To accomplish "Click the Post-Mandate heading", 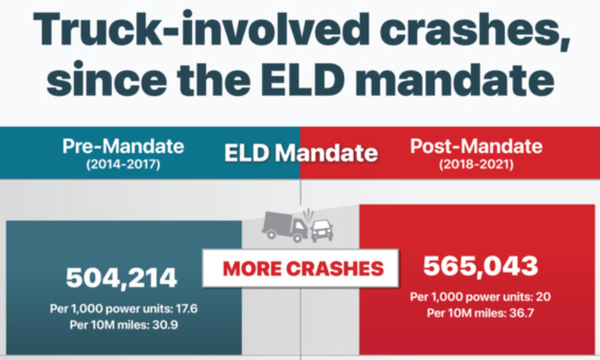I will pos(476,147).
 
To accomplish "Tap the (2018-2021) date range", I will pos(476,163).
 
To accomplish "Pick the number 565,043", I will pos(481,266).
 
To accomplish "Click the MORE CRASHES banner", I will pos(303,268).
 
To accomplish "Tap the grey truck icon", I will pos(284,226).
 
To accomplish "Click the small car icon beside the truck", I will pos(322,229).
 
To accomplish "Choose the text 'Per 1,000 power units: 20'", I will pos(481,297).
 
